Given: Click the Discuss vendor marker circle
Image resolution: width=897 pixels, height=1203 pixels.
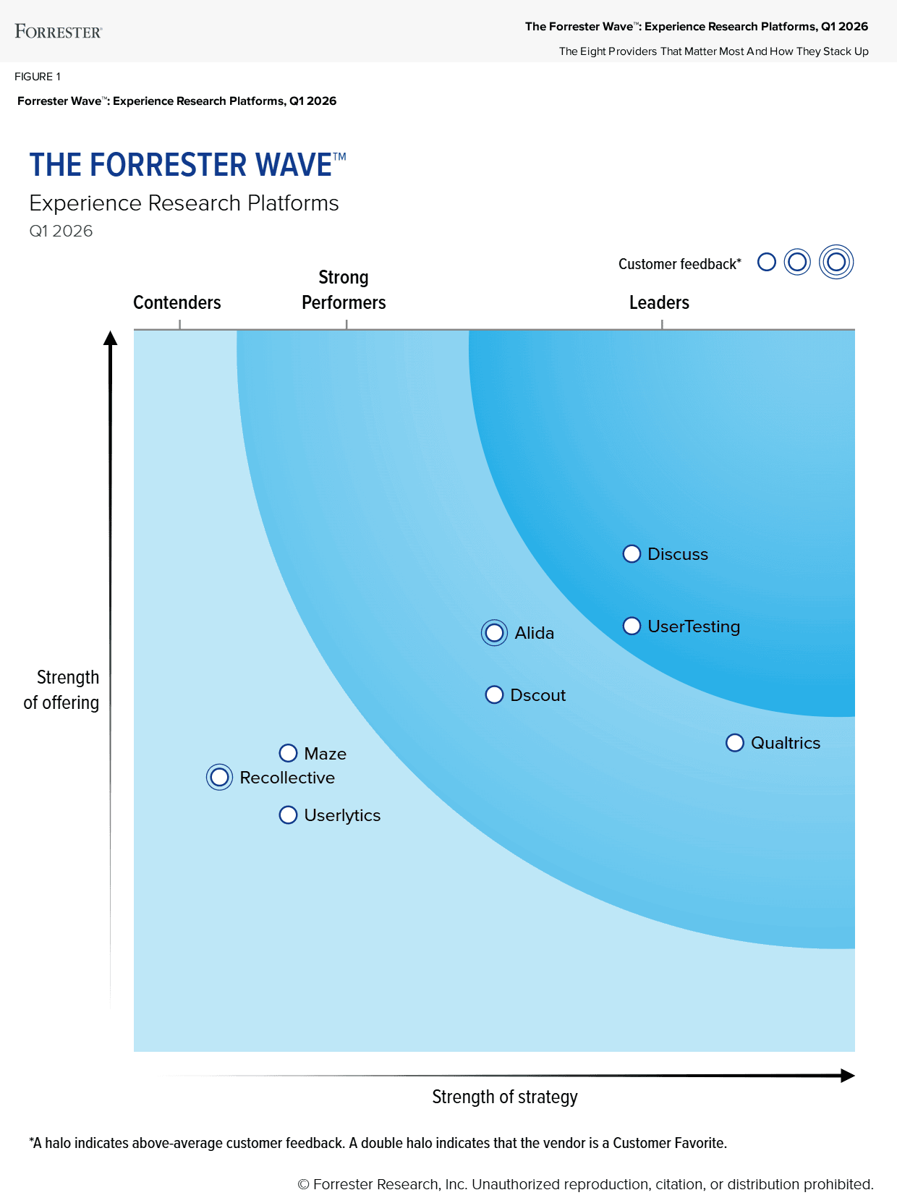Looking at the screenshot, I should tap(632, 554).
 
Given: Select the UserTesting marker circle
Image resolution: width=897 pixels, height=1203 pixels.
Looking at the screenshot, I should tap(632, 626).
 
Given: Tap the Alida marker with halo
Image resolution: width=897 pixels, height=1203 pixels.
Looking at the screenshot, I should tap(494, 633).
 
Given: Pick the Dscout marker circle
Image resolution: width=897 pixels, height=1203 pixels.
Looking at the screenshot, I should tap(494, 695).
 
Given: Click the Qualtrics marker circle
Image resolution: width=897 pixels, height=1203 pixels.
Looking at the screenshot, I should tap(735, 743).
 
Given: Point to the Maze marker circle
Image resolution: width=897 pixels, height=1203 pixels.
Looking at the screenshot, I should tap(288, 754).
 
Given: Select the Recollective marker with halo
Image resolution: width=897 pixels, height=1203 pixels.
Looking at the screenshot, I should tap(219, 778).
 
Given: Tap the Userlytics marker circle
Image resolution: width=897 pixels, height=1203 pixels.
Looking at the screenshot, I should tap(288, 815).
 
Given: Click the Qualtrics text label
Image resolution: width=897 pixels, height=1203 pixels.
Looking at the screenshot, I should tap(786, 743).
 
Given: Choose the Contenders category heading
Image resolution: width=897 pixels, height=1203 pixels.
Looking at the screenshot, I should tap(177, 302).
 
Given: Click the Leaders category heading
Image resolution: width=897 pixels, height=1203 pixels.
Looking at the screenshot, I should tap(659, 302).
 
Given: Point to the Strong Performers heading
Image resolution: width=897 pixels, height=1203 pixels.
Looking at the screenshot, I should tap(344, 290).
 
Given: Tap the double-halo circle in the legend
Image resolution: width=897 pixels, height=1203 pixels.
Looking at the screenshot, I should tap(836, 262).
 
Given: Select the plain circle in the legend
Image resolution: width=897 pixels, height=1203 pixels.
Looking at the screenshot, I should tap(767, 262).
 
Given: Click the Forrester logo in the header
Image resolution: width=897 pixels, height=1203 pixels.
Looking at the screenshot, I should tap(59, 32).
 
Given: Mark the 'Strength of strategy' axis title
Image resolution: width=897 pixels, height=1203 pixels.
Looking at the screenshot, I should tap(505, 1097).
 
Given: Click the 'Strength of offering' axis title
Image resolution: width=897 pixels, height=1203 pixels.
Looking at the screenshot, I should tap(62, 690).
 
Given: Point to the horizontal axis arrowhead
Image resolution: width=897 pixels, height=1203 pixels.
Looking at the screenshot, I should tap(848, 1076).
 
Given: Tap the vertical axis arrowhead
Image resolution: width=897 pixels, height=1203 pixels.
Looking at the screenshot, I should tap(110, 339).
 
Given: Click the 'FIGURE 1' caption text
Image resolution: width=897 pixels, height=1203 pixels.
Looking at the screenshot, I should tap(38, 77).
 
